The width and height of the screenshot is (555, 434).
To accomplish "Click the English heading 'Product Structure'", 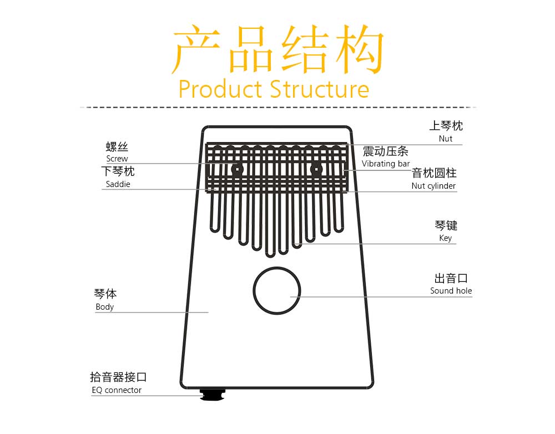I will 274,89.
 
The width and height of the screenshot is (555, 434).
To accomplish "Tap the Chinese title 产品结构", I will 278,50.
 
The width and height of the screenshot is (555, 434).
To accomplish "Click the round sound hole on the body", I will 276,290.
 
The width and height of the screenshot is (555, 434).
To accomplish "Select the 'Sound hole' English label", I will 451,291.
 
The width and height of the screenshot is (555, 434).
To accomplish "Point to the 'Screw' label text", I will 117,159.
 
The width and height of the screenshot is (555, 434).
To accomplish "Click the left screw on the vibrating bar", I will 238,169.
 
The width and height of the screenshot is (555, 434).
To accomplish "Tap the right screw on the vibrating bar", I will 316,169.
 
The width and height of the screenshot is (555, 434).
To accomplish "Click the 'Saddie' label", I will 118,184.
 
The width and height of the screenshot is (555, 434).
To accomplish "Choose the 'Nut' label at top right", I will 446,139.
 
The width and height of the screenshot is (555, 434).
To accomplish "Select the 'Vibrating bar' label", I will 386,164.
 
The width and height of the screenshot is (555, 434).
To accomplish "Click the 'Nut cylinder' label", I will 433,186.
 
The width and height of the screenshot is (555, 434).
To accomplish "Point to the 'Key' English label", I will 446,238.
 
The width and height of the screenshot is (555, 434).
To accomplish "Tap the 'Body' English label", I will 104,307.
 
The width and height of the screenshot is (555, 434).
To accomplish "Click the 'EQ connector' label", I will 117,390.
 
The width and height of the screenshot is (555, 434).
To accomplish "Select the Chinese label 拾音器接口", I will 118,377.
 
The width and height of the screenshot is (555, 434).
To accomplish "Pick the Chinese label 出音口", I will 451,278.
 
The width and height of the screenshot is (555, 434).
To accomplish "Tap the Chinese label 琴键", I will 446,225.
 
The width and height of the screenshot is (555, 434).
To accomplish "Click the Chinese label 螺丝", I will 117,147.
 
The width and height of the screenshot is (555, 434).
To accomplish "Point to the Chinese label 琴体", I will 105,294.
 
